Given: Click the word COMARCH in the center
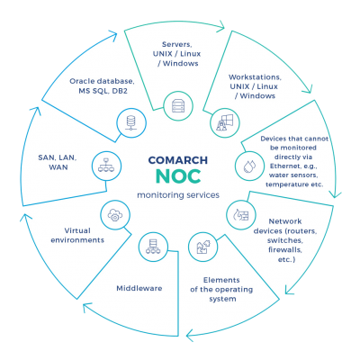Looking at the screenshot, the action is (x=178, y=160).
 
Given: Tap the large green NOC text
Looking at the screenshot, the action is (x=178, y=176).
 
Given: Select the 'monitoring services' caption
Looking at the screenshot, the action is (x=178, y=195).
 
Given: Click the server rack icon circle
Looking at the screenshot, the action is (x=178, y=106).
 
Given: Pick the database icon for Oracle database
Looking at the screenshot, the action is (x=131, y=123).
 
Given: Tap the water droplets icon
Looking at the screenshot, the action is (x=249, y=166).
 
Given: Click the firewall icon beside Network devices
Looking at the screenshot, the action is (x=241, y=214).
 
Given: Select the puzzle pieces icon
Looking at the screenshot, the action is (x=203, y=247).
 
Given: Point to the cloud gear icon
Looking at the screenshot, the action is (x=115, y=215).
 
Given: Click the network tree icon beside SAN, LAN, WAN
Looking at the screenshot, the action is (x=106, y=166).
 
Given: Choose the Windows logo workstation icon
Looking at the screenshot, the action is (x=225, y=123).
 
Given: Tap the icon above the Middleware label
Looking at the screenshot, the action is (x=153, y=247).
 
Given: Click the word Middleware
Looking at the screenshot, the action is (x=139, y=288).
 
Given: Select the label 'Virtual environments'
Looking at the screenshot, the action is (x=77, y=235).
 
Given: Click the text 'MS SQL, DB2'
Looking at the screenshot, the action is (x=103, y=91).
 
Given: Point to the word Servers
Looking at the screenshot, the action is (x=177, y=44).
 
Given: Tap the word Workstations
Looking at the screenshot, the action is (x=255, y=77).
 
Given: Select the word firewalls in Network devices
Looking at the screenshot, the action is (x=285, y=249).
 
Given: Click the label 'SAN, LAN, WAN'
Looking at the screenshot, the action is (x=58, y=162).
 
